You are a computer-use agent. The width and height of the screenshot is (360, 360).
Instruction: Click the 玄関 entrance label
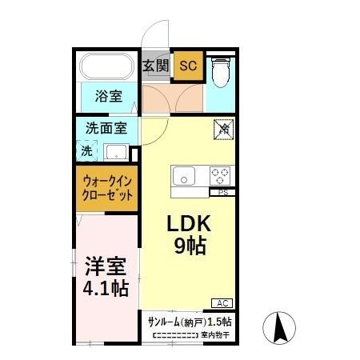coord(156,66)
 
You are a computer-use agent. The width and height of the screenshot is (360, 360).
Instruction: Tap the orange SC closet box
coord(187,66)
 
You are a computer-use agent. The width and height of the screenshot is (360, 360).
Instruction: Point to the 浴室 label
coord(109,97)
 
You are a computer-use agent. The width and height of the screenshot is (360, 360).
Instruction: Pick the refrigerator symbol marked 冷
coord(224,128)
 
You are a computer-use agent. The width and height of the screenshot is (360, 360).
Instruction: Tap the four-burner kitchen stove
coord(220,175)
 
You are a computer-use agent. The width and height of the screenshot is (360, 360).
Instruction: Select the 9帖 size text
coord(190,246)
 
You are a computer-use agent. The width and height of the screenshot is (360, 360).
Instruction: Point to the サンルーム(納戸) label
coord(176,322)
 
